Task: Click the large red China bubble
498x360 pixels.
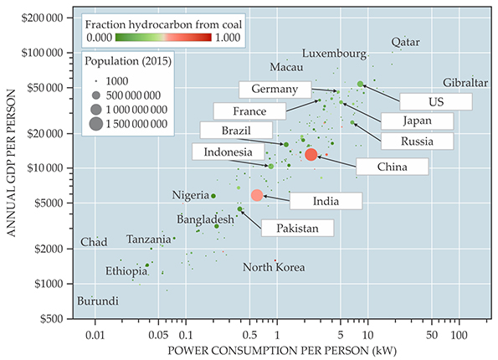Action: pos(311,154)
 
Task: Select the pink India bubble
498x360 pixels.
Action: pos(257,195)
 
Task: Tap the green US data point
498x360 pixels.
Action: pos(360,84)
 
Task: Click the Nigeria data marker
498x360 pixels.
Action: pos(213,196)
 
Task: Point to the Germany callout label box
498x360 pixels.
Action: pos(275,90)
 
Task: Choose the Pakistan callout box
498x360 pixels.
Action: pos(298,228)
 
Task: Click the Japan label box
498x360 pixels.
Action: pos(417,121)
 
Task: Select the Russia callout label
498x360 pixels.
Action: pos(417,141)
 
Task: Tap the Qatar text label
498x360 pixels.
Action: pos(406,42)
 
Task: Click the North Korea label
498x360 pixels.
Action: pos(274,267)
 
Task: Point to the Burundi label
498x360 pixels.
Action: pos(98,301)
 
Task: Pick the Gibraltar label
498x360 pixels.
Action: pos(465,83)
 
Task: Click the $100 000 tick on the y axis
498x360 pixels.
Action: pos(42,53)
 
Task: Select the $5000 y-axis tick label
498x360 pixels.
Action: pos(49,203)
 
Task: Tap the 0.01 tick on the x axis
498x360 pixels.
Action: pos(95,335)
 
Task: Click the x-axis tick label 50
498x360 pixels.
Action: pos(432,335)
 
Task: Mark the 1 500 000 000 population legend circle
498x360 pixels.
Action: pos(96,124)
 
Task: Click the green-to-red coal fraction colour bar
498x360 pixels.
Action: pos(163,38)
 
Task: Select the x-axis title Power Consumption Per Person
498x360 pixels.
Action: pos(282,351)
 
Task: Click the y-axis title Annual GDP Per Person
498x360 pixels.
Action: pos(11,163)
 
